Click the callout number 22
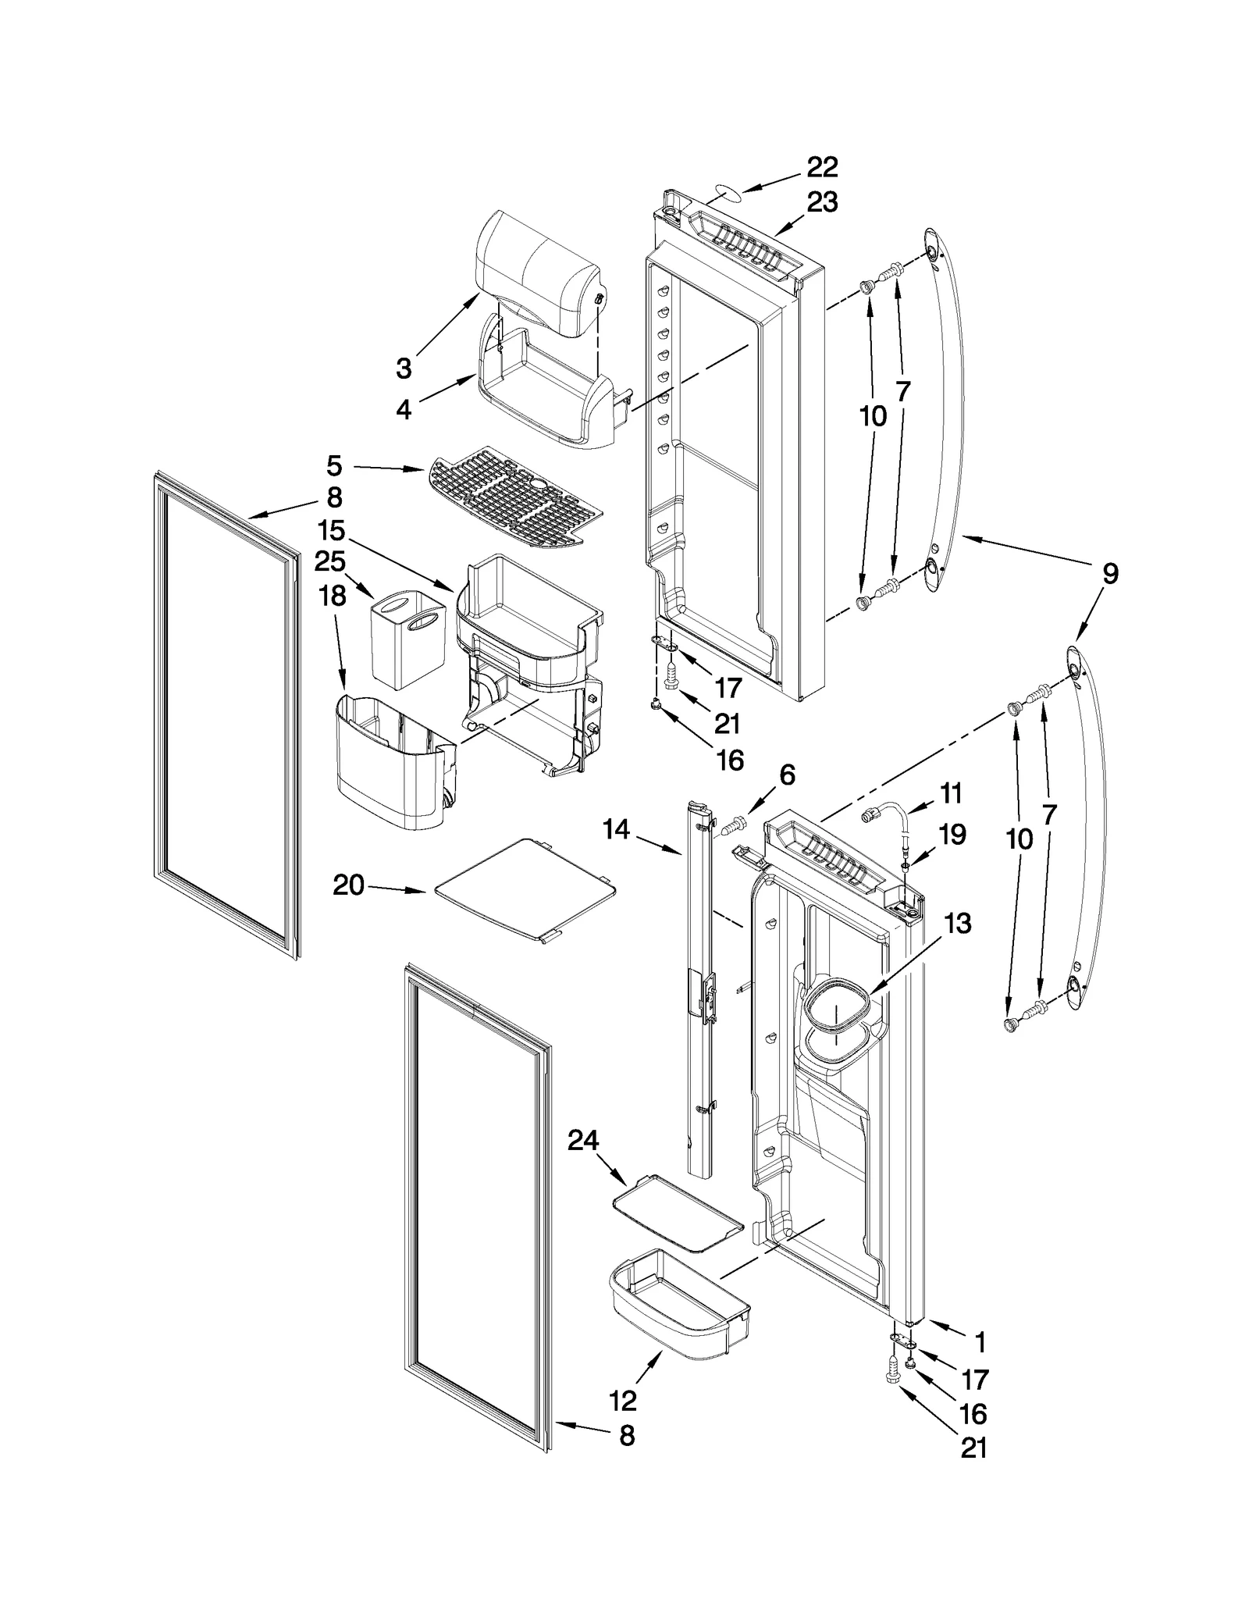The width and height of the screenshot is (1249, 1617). click(821, 166)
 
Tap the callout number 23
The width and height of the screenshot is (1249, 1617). click(821, 202)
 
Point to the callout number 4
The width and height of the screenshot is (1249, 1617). click(404, 409)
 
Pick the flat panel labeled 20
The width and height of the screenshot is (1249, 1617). click(525, 891)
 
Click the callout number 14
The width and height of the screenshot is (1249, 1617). click(616, 829)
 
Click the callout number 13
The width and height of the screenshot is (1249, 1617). click(957, 923)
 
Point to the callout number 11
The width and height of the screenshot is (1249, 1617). click(950, 793)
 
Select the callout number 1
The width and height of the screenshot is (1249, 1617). click(980, 1342)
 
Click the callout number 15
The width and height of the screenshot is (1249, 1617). click(332, 530)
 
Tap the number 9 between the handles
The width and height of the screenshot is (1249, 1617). click(1109, 574)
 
